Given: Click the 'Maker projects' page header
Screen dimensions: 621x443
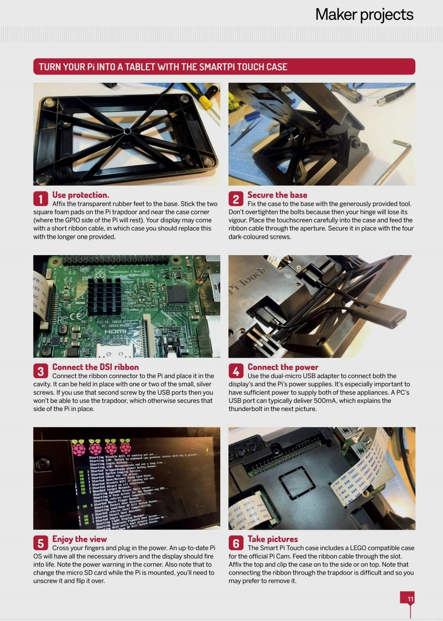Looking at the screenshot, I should coord(364,15).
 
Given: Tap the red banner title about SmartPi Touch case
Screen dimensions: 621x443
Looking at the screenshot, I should coord(163,67).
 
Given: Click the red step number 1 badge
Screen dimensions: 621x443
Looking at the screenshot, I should coord(40,199).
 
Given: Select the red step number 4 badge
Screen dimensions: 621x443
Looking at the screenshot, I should coord(235,371).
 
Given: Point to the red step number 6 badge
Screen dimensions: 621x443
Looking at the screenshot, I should coord(235,543).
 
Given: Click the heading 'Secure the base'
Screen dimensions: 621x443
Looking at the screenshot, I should coord(277,195).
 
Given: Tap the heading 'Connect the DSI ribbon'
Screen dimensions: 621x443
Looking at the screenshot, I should coord(95,367).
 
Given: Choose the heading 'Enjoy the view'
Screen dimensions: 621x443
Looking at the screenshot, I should coord(79,539).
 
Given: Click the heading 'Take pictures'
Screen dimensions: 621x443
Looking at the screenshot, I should coord(272,539).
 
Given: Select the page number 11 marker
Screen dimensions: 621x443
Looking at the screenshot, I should coord(410,599).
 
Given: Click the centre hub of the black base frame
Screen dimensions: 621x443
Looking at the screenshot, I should coord(127,132).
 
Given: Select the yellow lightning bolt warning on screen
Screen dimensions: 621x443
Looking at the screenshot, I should coord(207,450).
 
